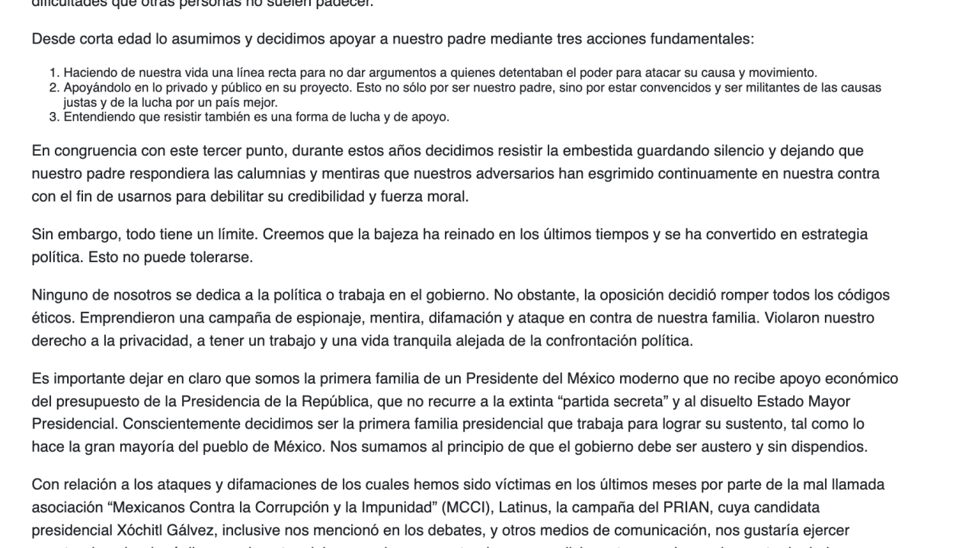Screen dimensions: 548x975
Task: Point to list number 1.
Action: [54, 73]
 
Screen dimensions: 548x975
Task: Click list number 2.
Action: [54, 88]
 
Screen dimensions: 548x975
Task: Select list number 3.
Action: [54, 117]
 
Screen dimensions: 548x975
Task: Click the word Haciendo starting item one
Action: [88, 73]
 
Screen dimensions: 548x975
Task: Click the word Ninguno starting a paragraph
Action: [59, 294]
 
